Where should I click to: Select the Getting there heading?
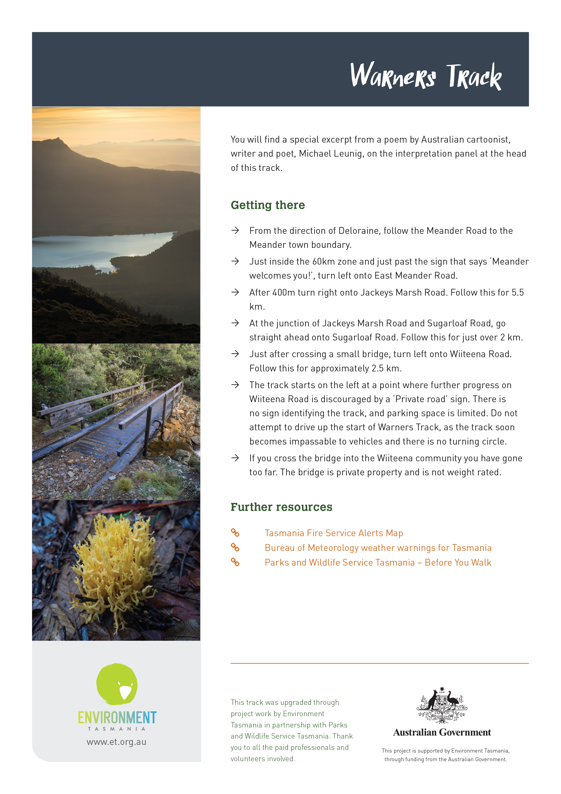(x=268, y=205)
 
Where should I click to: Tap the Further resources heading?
(x=281, y=507)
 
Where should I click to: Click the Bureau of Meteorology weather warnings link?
(x=378, y=548)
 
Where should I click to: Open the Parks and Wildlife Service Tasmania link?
(x=378, y=563)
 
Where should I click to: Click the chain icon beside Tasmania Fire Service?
(x=235, y=533)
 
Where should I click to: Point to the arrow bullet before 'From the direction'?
(x=235, y=231)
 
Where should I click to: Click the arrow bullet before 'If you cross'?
(x=235, y=458)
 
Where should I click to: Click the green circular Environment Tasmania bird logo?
(x=117, y=684)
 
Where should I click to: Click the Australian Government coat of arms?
(x=442, y=706)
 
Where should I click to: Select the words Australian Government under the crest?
(x=442, y=732)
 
